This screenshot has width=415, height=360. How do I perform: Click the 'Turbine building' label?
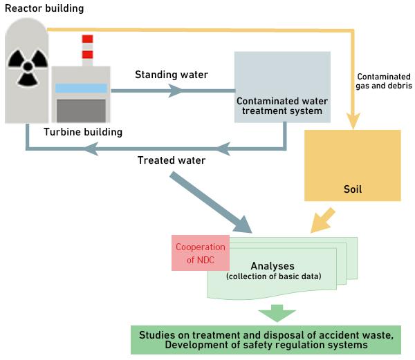click(x=82, y=131)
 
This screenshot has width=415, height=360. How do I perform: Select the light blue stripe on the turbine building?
click(x=82, y=88)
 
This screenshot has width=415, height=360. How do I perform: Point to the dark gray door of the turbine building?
click(x=82, y=110)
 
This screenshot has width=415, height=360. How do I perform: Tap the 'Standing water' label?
click(x=162, y=75)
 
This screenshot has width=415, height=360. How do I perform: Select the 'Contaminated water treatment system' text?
click(x=279, y=104)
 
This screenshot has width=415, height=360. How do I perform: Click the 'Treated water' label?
click(x=171, y=160)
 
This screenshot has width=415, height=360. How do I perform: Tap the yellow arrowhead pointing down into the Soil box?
click(x=355, y=122)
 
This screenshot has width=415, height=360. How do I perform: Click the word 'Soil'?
click(x=353, y=188)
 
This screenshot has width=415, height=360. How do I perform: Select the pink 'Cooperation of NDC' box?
click(x=200, y=253)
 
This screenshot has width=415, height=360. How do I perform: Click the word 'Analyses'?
click(x=273, y=266)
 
